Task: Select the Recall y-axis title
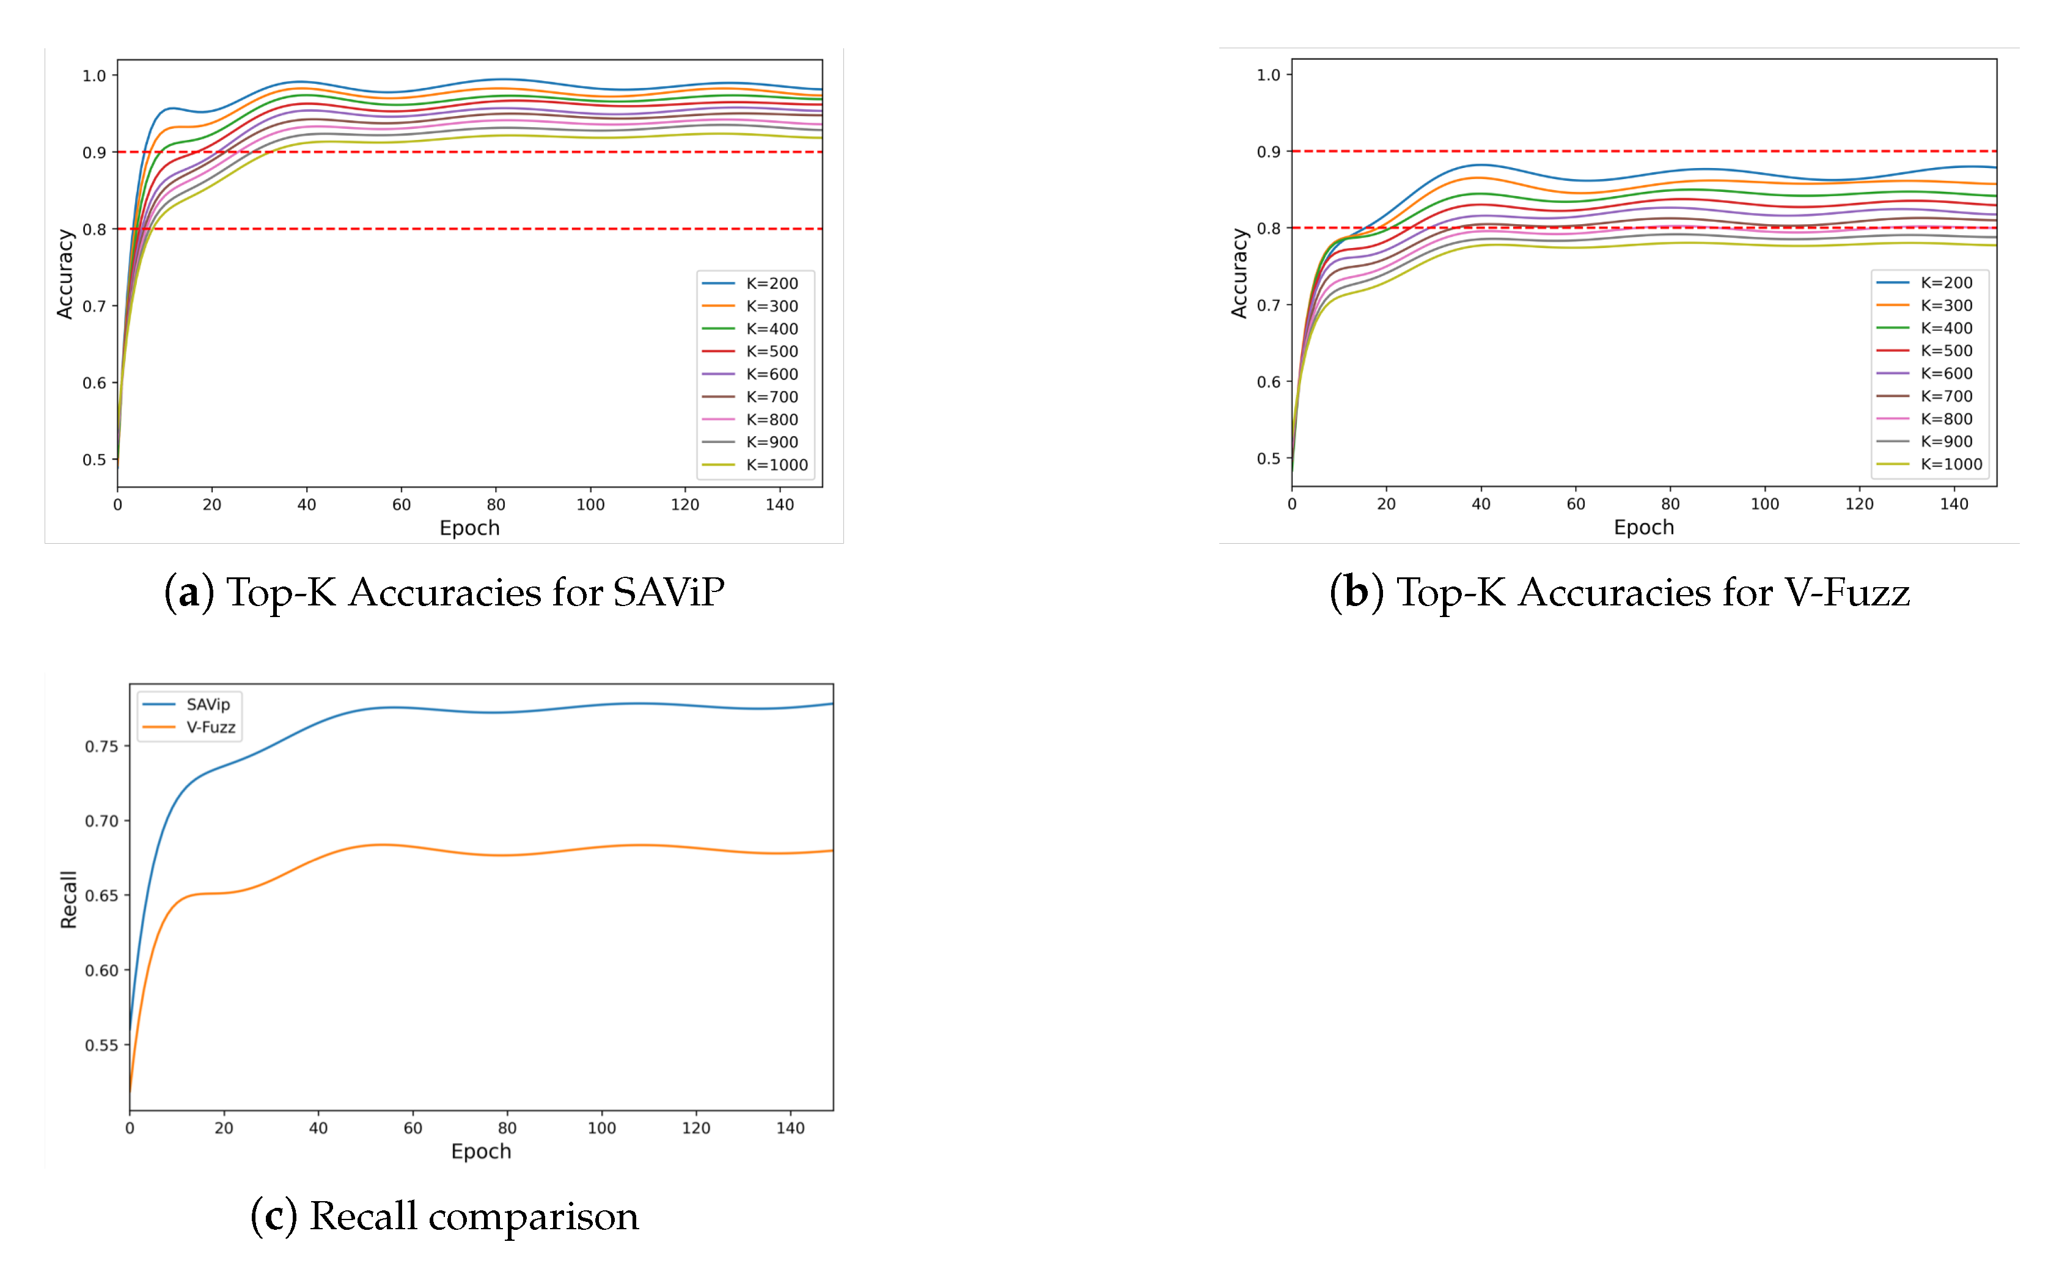pyautogui.click(x=68, y=899)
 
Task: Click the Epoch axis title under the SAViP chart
pyautogui.click(x=469, y=528)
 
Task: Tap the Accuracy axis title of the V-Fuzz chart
pyautogui.click(x=1238, y=274)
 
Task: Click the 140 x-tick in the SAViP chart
pyautogui.click(x=779, y=505)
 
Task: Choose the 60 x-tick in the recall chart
pyautogui.click(x=413, y=1128)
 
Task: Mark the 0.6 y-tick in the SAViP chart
pyautogui.click(x=94, y=383)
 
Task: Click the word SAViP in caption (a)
pyautogui.click(x=668, y=592)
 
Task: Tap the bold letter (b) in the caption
pyautogui.click(x=1356, y=592)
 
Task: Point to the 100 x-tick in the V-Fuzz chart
pyautogui.click(x=1764, y=504)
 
